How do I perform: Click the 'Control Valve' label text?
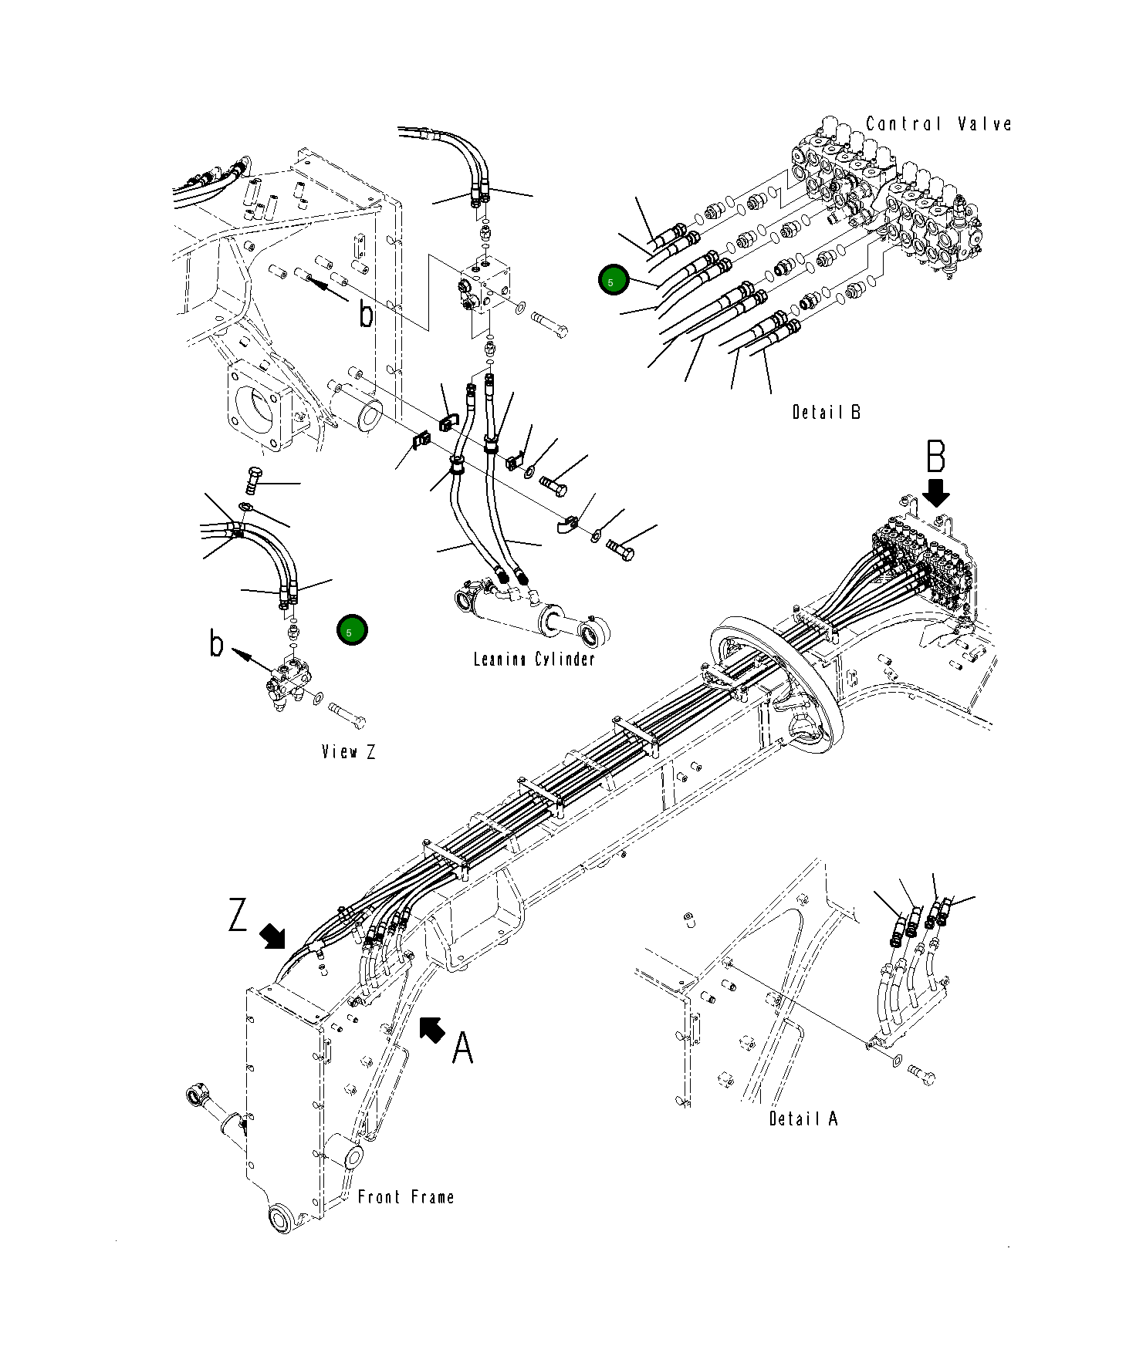[938, 124]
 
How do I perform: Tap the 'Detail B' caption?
[826, 412]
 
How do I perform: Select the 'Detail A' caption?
[803, 1118]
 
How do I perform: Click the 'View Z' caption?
[349, 751]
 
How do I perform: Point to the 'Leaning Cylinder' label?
[534, 659]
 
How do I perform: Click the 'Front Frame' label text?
[406, 1197]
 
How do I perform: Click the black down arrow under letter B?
[937, 492]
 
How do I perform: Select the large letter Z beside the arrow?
[238, 915]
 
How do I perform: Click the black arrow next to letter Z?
[272, 936]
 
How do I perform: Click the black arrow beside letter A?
[432, 1029]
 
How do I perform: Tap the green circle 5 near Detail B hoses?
[614, 281]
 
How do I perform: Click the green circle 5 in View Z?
[352, 631]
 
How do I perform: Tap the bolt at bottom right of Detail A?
[921, 1074]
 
